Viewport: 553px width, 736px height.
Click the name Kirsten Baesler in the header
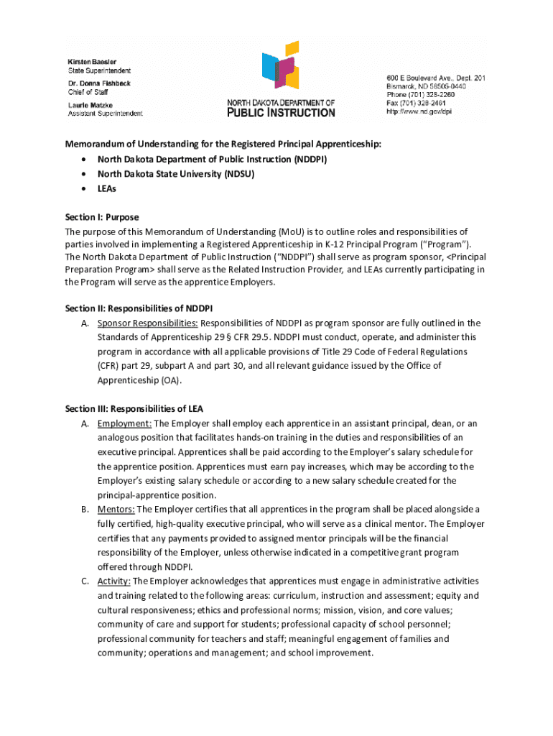tap(92, 61)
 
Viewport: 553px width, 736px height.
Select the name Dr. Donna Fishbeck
tap(99, 83)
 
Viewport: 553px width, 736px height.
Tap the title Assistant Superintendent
tap(105, 114)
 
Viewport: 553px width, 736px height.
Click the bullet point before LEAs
tap(85, 188)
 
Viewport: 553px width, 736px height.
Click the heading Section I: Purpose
tap(101, 217)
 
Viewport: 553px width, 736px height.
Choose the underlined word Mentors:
tap(116, 509)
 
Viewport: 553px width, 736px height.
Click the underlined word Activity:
tap(114, 581)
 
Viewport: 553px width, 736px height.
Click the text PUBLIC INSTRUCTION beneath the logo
tap(281, 112)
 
